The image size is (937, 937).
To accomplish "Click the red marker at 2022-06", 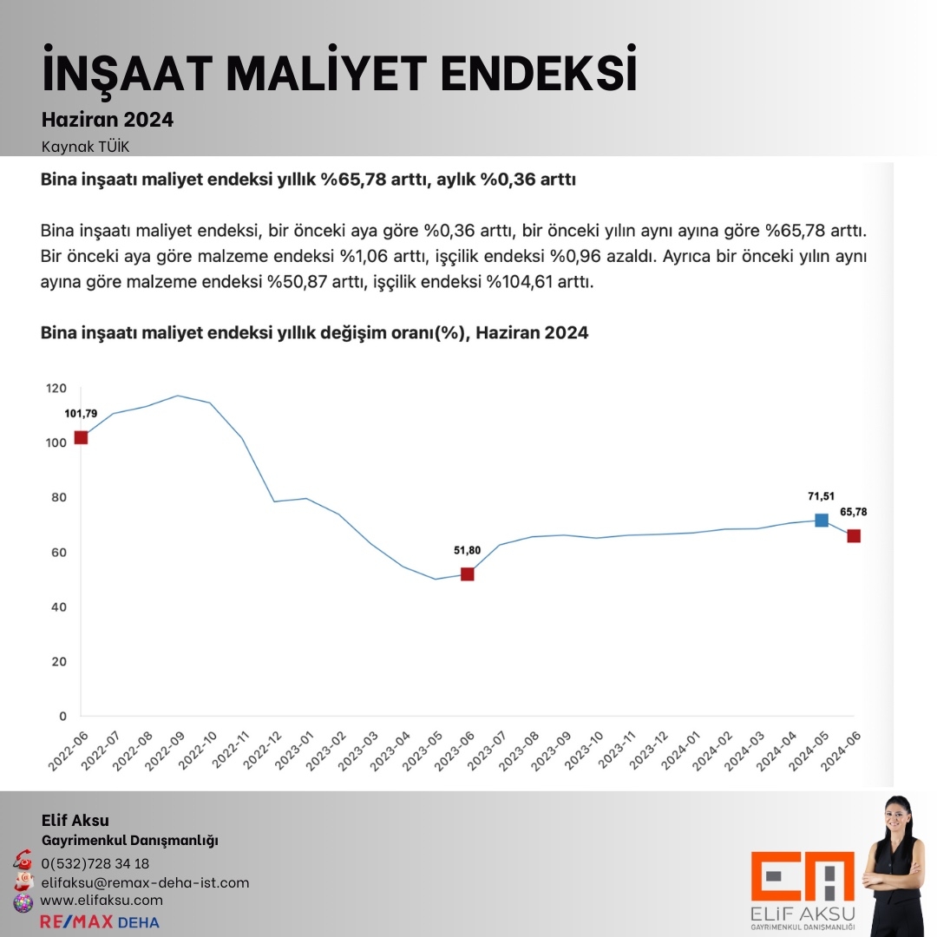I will pyautogui.click(x=81, y=437).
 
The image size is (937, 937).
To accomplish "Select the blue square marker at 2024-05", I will pyautogui.click(x=821, y=521).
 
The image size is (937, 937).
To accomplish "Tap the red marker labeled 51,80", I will pyautogui.click(x=467, y=573).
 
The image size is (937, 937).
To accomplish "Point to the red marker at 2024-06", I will pyautogui.click(x=854, y=536).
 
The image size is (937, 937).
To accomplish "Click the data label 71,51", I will pyautogui.click(x=821, y=496).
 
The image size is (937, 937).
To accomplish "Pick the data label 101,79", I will pyautogui.click(x=81, y=413).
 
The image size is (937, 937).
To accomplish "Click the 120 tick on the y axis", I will pyautogui.click(x=56, y=388).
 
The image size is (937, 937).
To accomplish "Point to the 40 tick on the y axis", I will pyautogui.click(x=59, y=607).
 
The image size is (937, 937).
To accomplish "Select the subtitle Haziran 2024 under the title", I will pyautogui.click(x=108, y=120).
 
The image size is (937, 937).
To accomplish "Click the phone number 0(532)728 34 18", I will pyautogui.click(x=95, y=863).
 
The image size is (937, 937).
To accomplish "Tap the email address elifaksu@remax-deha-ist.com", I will pyautogui.click(x=145, y=882).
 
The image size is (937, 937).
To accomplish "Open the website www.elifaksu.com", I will pyautogui.click(x=102, y=901).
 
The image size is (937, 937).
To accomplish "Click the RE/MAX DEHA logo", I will pyautogui.click(x=100, y=921).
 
